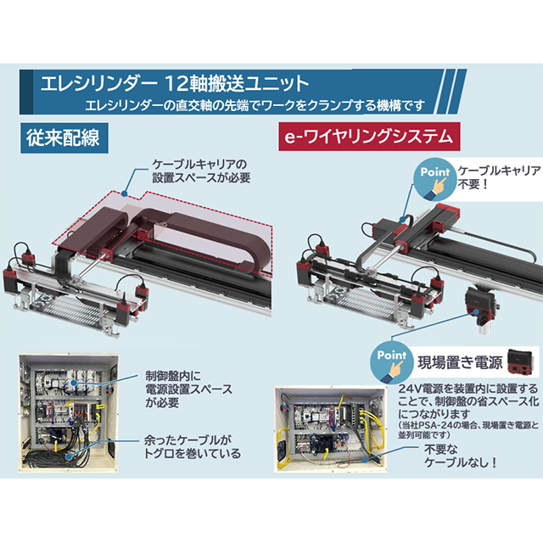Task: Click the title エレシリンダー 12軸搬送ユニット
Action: [x=170, y=84]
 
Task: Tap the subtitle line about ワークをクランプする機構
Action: [x=255, y=106]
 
